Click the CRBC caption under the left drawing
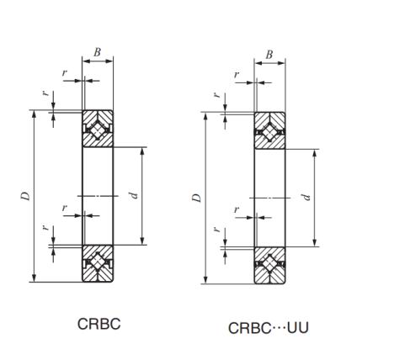click(99, 324)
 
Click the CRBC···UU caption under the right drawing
click(269, 328)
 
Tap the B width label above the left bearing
click(97, 52)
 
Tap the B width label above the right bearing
click(269, 55)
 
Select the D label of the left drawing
click(25, 196)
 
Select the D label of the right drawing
click(197, 198)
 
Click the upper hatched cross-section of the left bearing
click(98, 129)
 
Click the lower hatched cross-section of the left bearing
click(98, 263)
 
